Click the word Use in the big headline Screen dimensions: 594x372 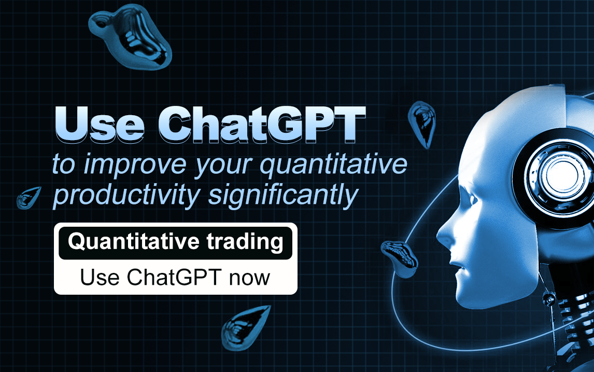[x=99, y=124]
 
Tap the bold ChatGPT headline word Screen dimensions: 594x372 [x=262, y=124]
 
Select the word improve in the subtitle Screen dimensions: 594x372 [x=134, y=166]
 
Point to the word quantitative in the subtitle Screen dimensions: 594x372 [x=333, y=166]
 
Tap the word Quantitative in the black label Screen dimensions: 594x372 [x=133, y=242]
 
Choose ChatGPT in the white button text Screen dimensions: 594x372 [x=174, y=277]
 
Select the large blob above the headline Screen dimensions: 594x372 [x=130, y=37]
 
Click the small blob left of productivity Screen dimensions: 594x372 [x=29, y=197]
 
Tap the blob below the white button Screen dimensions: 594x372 [x=246, y=327]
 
